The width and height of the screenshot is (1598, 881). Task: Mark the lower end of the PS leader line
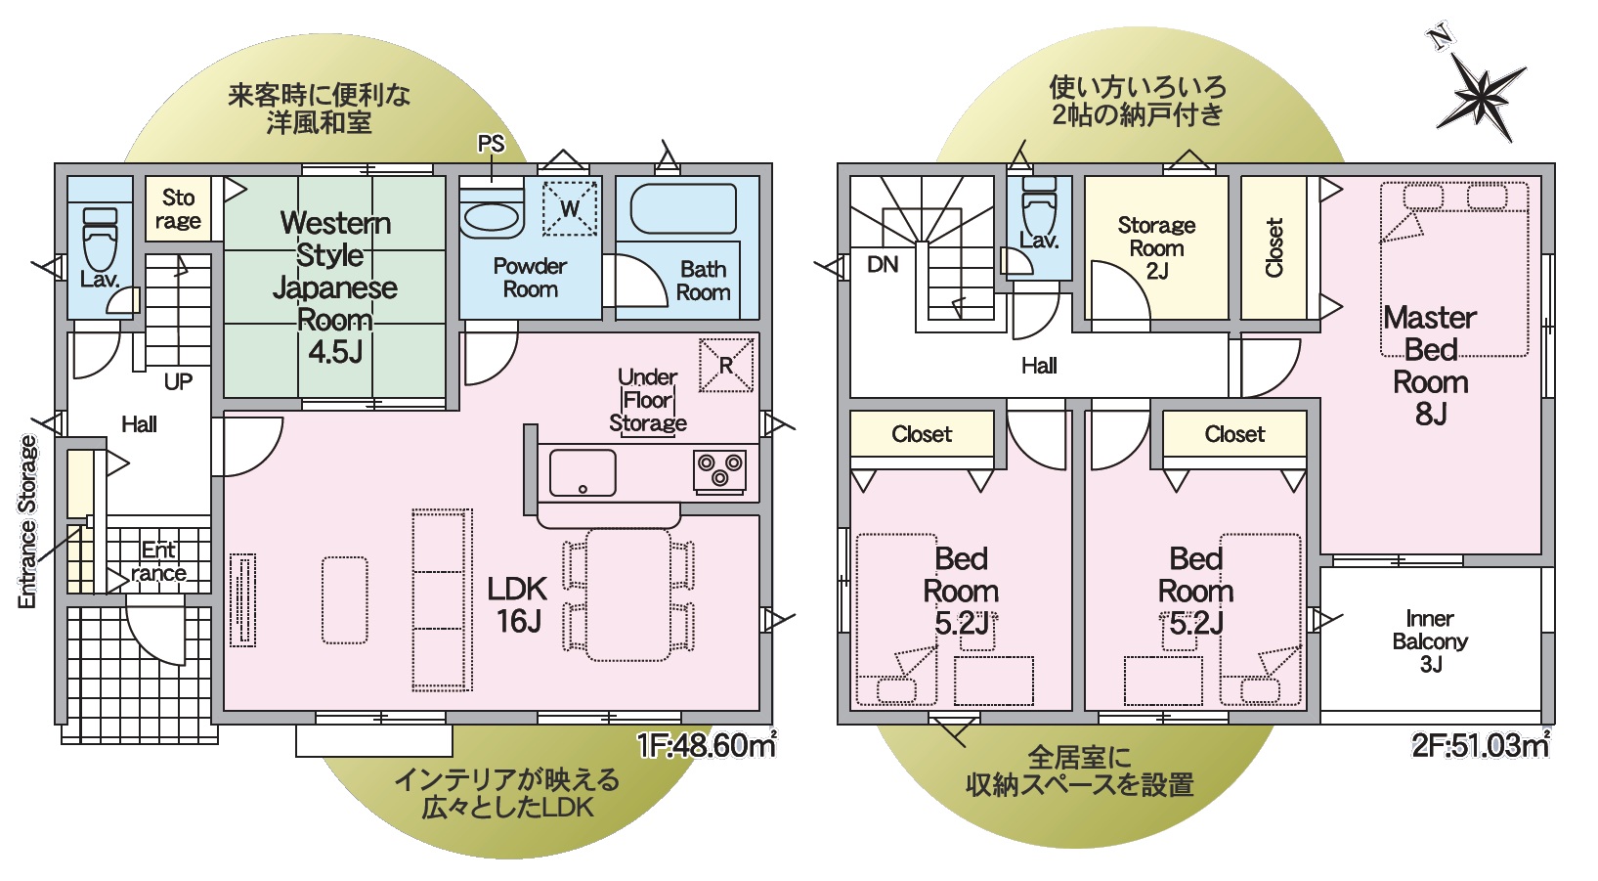point(492,181)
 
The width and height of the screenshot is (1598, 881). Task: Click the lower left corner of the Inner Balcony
point(1321,710)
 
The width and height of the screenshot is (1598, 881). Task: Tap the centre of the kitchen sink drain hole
point(583,489)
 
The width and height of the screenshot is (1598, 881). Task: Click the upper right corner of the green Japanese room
point(446,177)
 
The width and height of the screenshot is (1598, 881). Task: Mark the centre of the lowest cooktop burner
point(719,477)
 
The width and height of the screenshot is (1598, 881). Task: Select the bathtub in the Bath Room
point(683,209)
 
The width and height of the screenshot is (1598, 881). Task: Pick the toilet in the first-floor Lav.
point(101,239)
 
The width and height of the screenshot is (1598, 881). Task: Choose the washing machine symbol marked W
point(569,208)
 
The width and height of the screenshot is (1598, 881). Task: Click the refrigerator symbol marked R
point(726,366)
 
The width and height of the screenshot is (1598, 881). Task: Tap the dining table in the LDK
point(628,595)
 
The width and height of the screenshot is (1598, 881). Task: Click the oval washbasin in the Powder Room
point(492,217)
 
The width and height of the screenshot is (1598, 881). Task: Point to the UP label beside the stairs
point(178,382)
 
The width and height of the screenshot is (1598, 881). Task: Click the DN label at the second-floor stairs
point(883,265)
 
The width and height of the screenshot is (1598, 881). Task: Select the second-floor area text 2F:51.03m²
point(1481,745)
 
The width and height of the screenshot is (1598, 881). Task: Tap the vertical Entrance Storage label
point(27,522)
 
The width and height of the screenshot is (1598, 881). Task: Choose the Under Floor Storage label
point(648,400)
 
